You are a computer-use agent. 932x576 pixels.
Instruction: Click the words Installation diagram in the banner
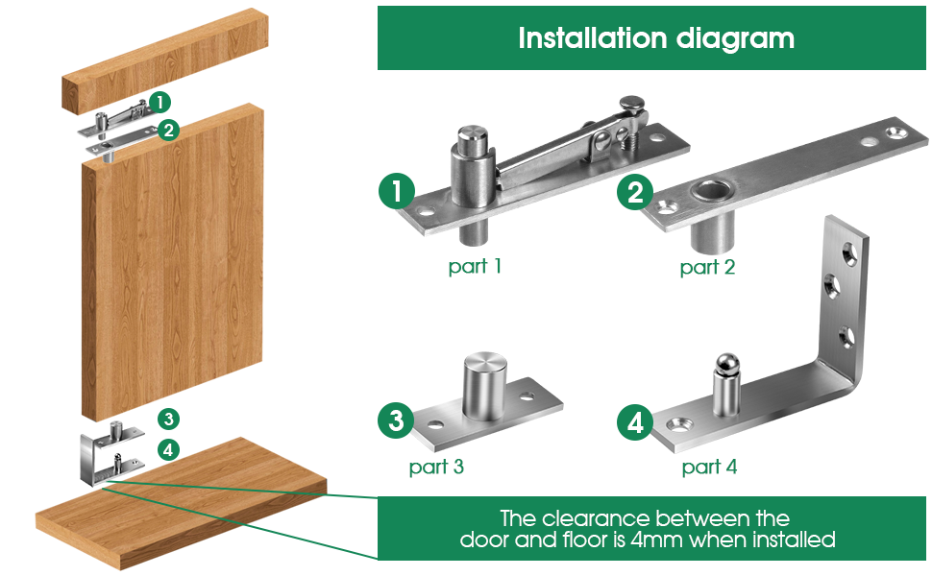[655, 38]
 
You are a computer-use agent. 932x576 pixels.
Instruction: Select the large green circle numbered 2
[635, 193]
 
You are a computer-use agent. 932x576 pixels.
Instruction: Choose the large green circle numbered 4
[635, 421]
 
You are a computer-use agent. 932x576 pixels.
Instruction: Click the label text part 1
[475, 266]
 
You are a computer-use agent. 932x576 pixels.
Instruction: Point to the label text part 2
[707, 267]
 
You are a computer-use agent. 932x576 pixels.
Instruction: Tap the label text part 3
[436, 468]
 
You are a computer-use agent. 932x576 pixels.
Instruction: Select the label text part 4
[709, 468]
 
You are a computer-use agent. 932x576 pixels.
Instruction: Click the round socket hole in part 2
[714, 189]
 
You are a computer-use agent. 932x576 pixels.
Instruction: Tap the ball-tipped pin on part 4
[723, 366]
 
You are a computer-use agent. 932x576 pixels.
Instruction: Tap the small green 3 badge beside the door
[168, 420]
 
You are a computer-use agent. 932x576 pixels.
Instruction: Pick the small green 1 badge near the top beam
[160, 101]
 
